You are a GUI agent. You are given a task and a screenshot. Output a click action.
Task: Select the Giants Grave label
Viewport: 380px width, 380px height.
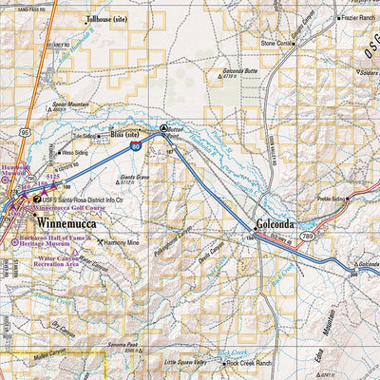(x=137, y=177)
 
